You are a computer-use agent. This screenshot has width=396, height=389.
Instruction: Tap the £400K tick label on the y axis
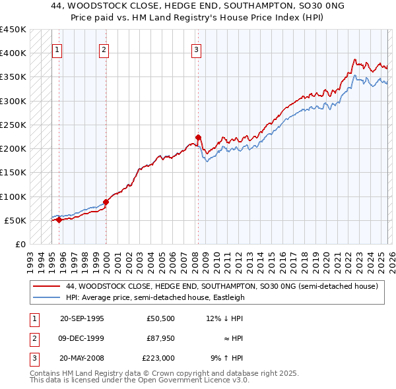(13, 53)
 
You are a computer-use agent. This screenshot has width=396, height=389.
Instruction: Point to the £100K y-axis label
(13, 196)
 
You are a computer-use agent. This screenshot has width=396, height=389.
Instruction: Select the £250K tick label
(13, 125)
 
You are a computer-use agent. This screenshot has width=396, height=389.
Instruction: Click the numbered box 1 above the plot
(57, 49)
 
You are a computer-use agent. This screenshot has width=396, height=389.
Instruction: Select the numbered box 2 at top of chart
(104, 49)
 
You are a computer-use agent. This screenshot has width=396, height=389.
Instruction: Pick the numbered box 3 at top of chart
(197, 49)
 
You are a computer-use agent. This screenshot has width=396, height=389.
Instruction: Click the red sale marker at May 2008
(198, 137)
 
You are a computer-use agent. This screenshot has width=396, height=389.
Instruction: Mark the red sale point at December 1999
(106, 202)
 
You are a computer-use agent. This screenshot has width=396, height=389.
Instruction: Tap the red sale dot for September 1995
(59, 220)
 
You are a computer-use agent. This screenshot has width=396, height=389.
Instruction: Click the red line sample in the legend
(46, 287)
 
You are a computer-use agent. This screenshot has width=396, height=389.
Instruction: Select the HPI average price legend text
(154, 297)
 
